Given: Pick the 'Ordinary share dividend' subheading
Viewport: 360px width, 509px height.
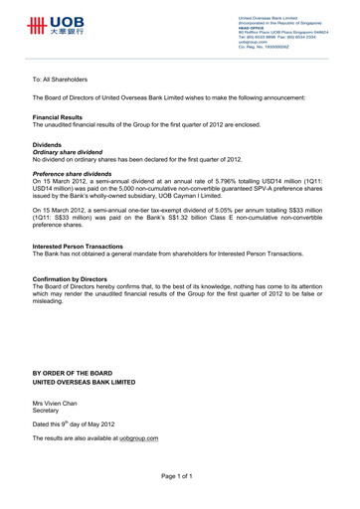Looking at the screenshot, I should coord(72,152).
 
